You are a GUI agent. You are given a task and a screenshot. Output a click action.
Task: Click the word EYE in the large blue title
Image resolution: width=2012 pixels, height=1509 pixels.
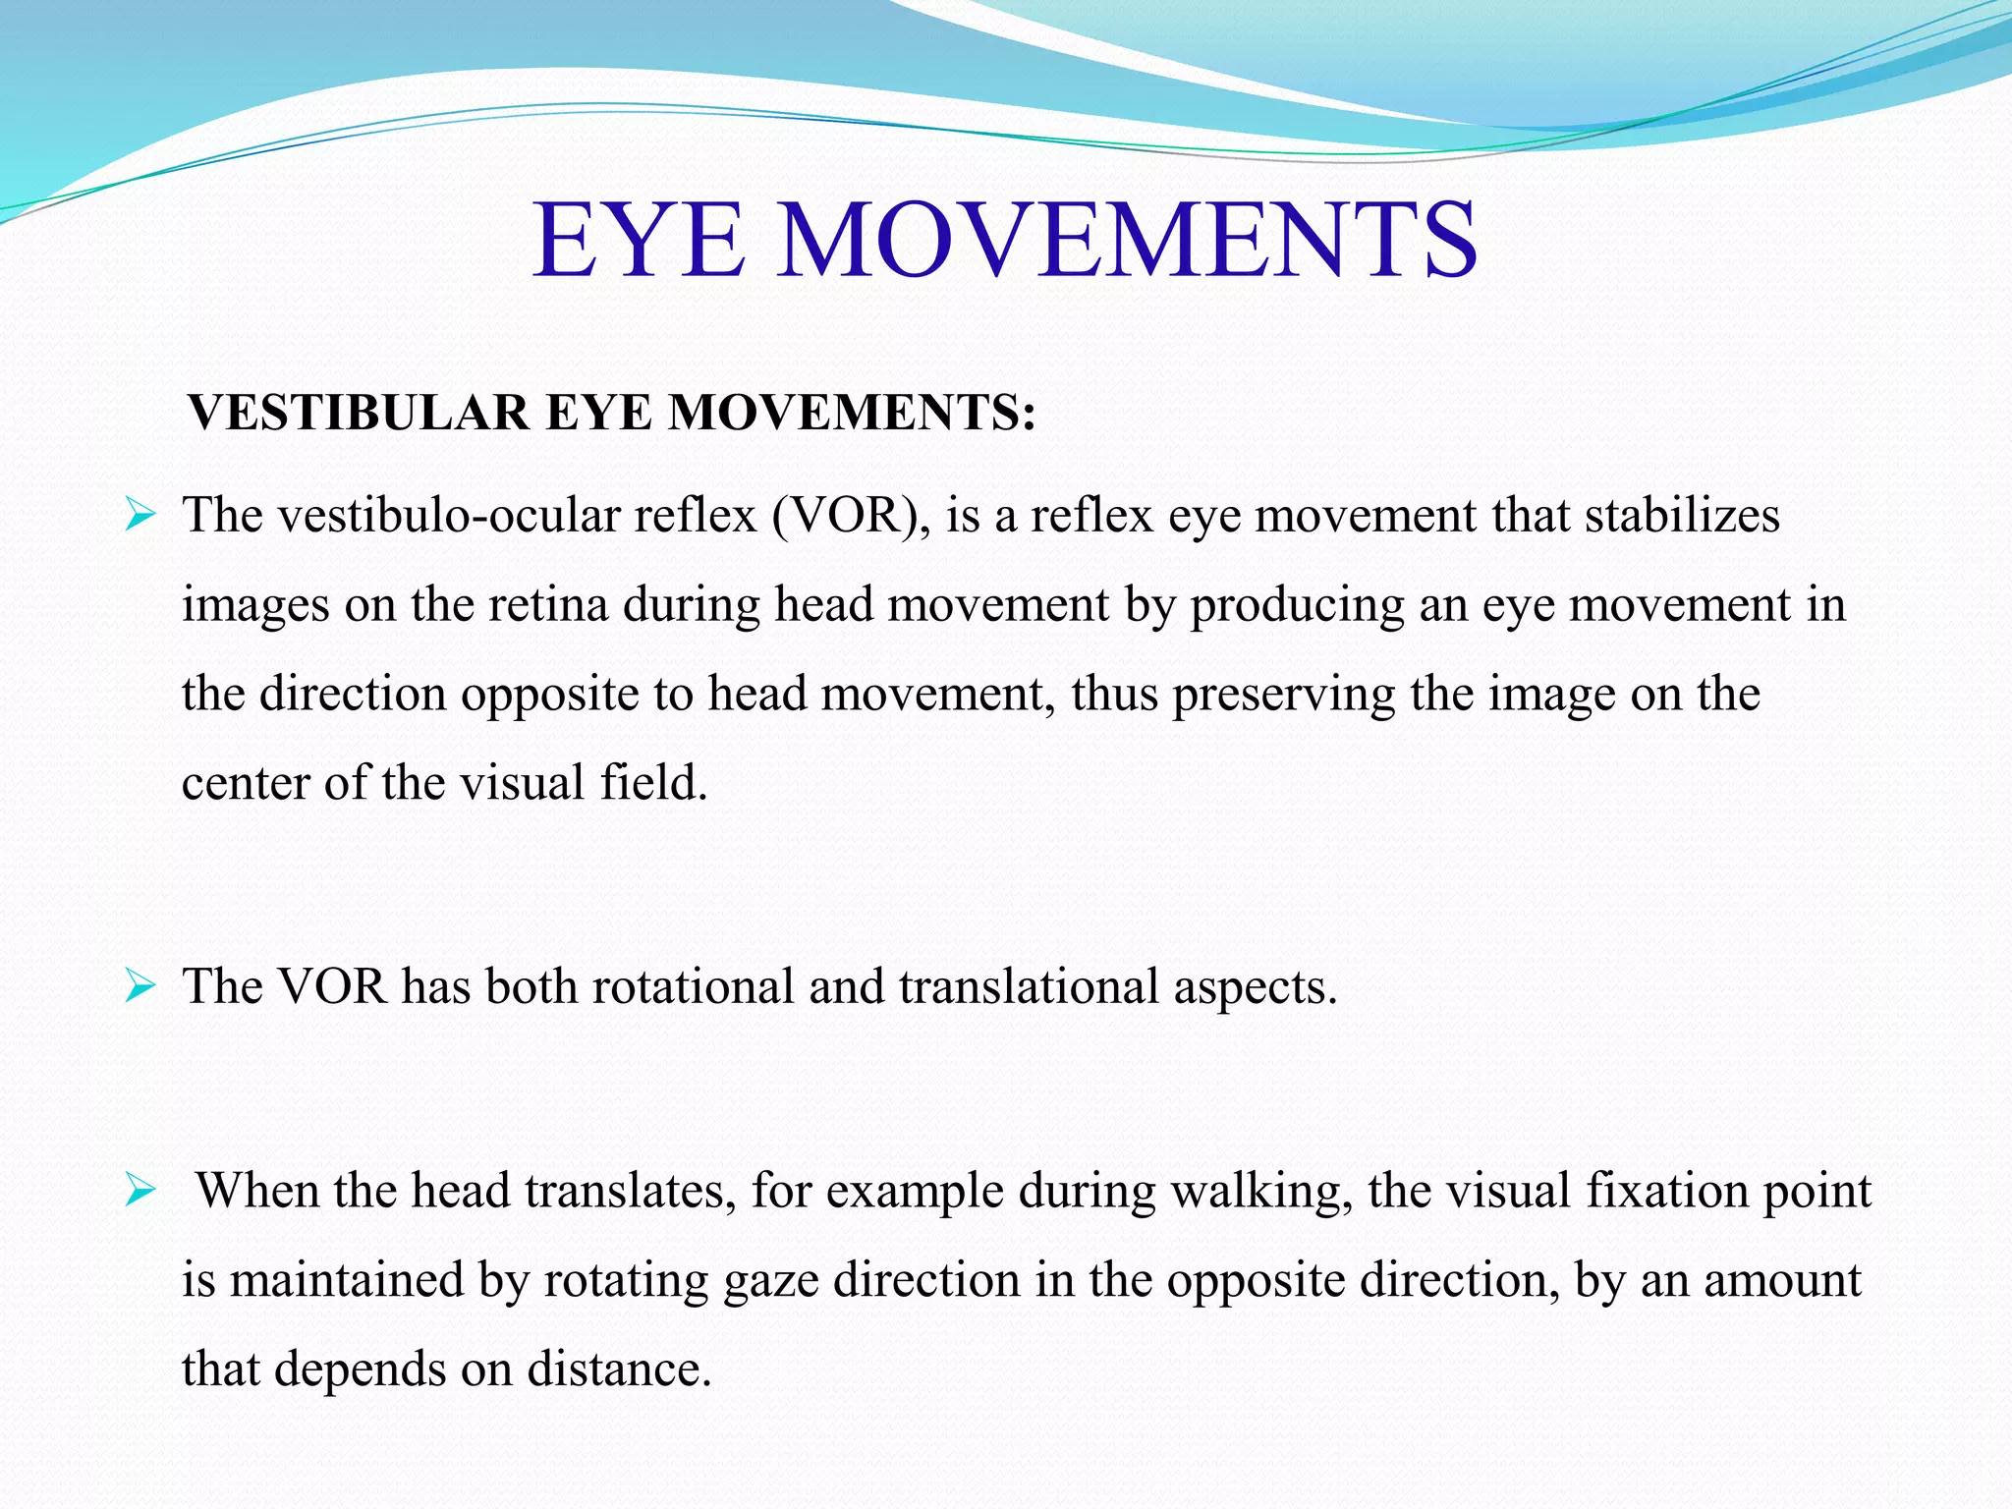coord(638,240)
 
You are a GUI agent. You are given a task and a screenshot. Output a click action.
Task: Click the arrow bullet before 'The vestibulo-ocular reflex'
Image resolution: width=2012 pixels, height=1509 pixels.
coord(140,515)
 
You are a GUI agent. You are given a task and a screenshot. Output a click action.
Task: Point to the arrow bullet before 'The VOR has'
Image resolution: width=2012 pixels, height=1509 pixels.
coord(140,986)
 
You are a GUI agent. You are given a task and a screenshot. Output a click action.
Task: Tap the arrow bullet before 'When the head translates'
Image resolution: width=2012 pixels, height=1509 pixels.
coord(140,1192)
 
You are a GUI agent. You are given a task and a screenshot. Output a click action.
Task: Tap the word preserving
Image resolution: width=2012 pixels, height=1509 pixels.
coord(1283,695)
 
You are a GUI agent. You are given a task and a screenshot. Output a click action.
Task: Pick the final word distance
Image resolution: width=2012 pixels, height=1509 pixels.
coord(618,1369)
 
